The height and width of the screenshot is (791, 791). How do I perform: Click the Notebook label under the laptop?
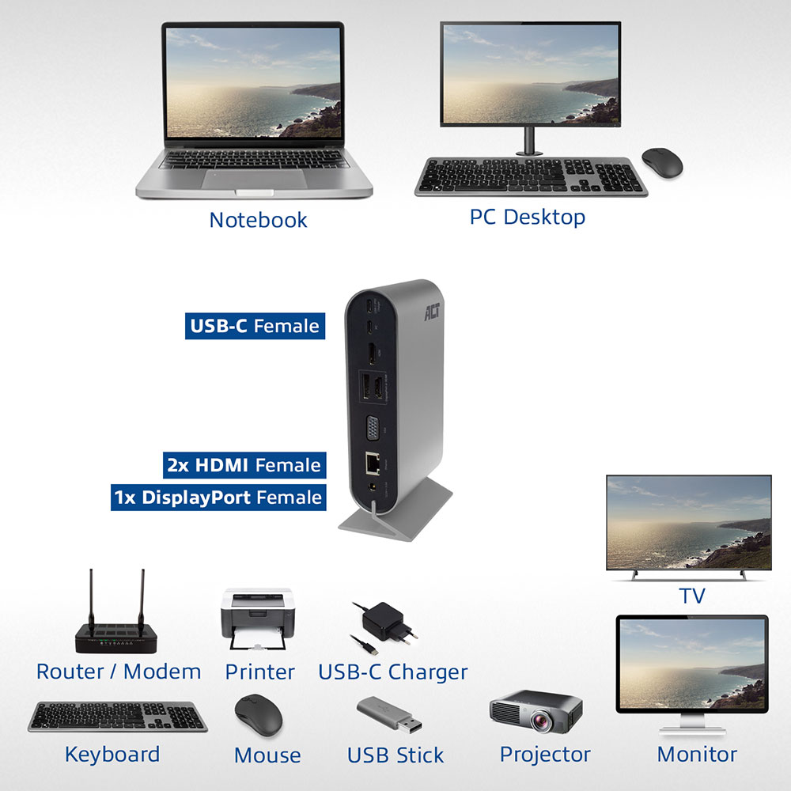click(x=259, y=220)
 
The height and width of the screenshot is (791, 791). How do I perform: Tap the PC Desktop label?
click(x=527, y=218)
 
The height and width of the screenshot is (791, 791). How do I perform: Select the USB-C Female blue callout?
click(x=255, y=326)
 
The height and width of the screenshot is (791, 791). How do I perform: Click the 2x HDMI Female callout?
click(x=244, y=465)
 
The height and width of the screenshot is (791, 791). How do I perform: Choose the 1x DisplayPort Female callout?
click(x=218, y=498)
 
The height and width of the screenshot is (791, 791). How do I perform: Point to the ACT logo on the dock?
click(x=432, y=312)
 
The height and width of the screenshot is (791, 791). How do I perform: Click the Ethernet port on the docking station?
click(x=373, y=464)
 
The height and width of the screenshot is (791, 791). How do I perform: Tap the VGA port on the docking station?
click(x=373, y=430)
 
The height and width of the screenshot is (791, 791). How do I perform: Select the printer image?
click(x=258, y=619)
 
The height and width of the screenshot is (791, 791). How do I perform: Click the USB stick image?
click(x=389, y=714)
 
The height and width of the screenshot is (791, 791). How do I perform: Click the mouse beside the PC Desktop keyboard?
click(x=662, y=162)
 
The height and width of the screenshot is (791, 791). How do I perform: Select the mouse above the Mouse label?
click(x=259, y=715)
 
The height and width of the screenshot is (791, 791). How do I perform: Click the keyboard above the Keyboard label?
click(x=118, y=717)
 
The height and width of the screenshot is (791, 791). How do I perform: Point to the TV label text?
click(x=691, y=596)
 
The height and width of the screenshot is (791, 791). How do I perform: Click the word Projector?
click(x=545, y=755)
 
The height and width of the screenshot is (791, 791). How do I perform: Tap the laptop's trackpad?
click(x=254, y=179)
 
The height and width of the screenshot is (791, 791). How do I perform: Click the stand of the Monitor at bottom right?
click(x=692, y=725)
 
